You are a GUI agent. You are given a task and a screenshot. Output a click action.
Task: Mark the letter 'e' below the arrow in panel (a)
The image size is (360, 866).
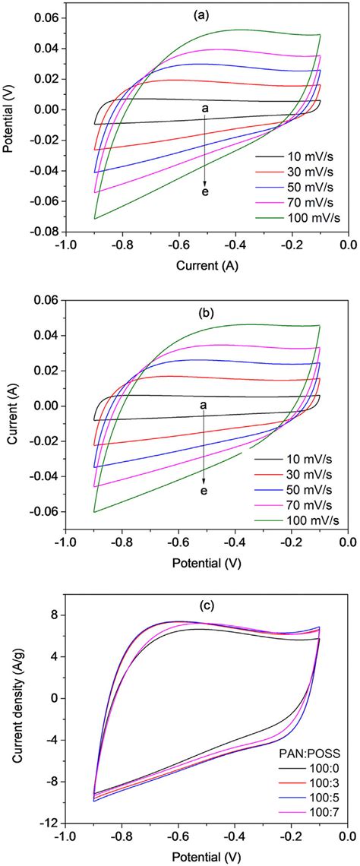coord(204,193)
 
